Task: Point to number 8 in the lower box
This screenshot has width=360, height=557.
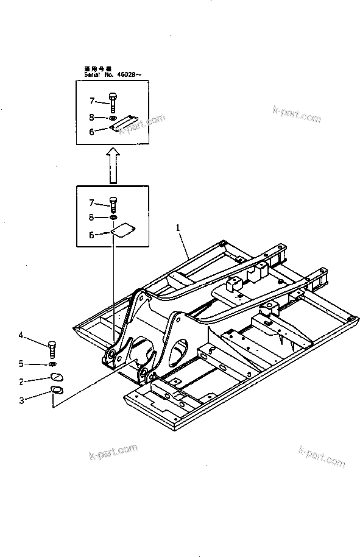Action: coord(92,216)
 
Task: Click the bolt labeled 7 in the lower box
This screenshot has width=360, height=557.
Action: coord(113,202)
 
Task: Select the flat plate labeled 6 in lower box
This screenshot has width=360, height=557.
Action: coord(125,230)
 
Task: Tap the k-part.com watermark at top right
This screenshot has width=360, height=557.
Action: coord(296,116)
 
